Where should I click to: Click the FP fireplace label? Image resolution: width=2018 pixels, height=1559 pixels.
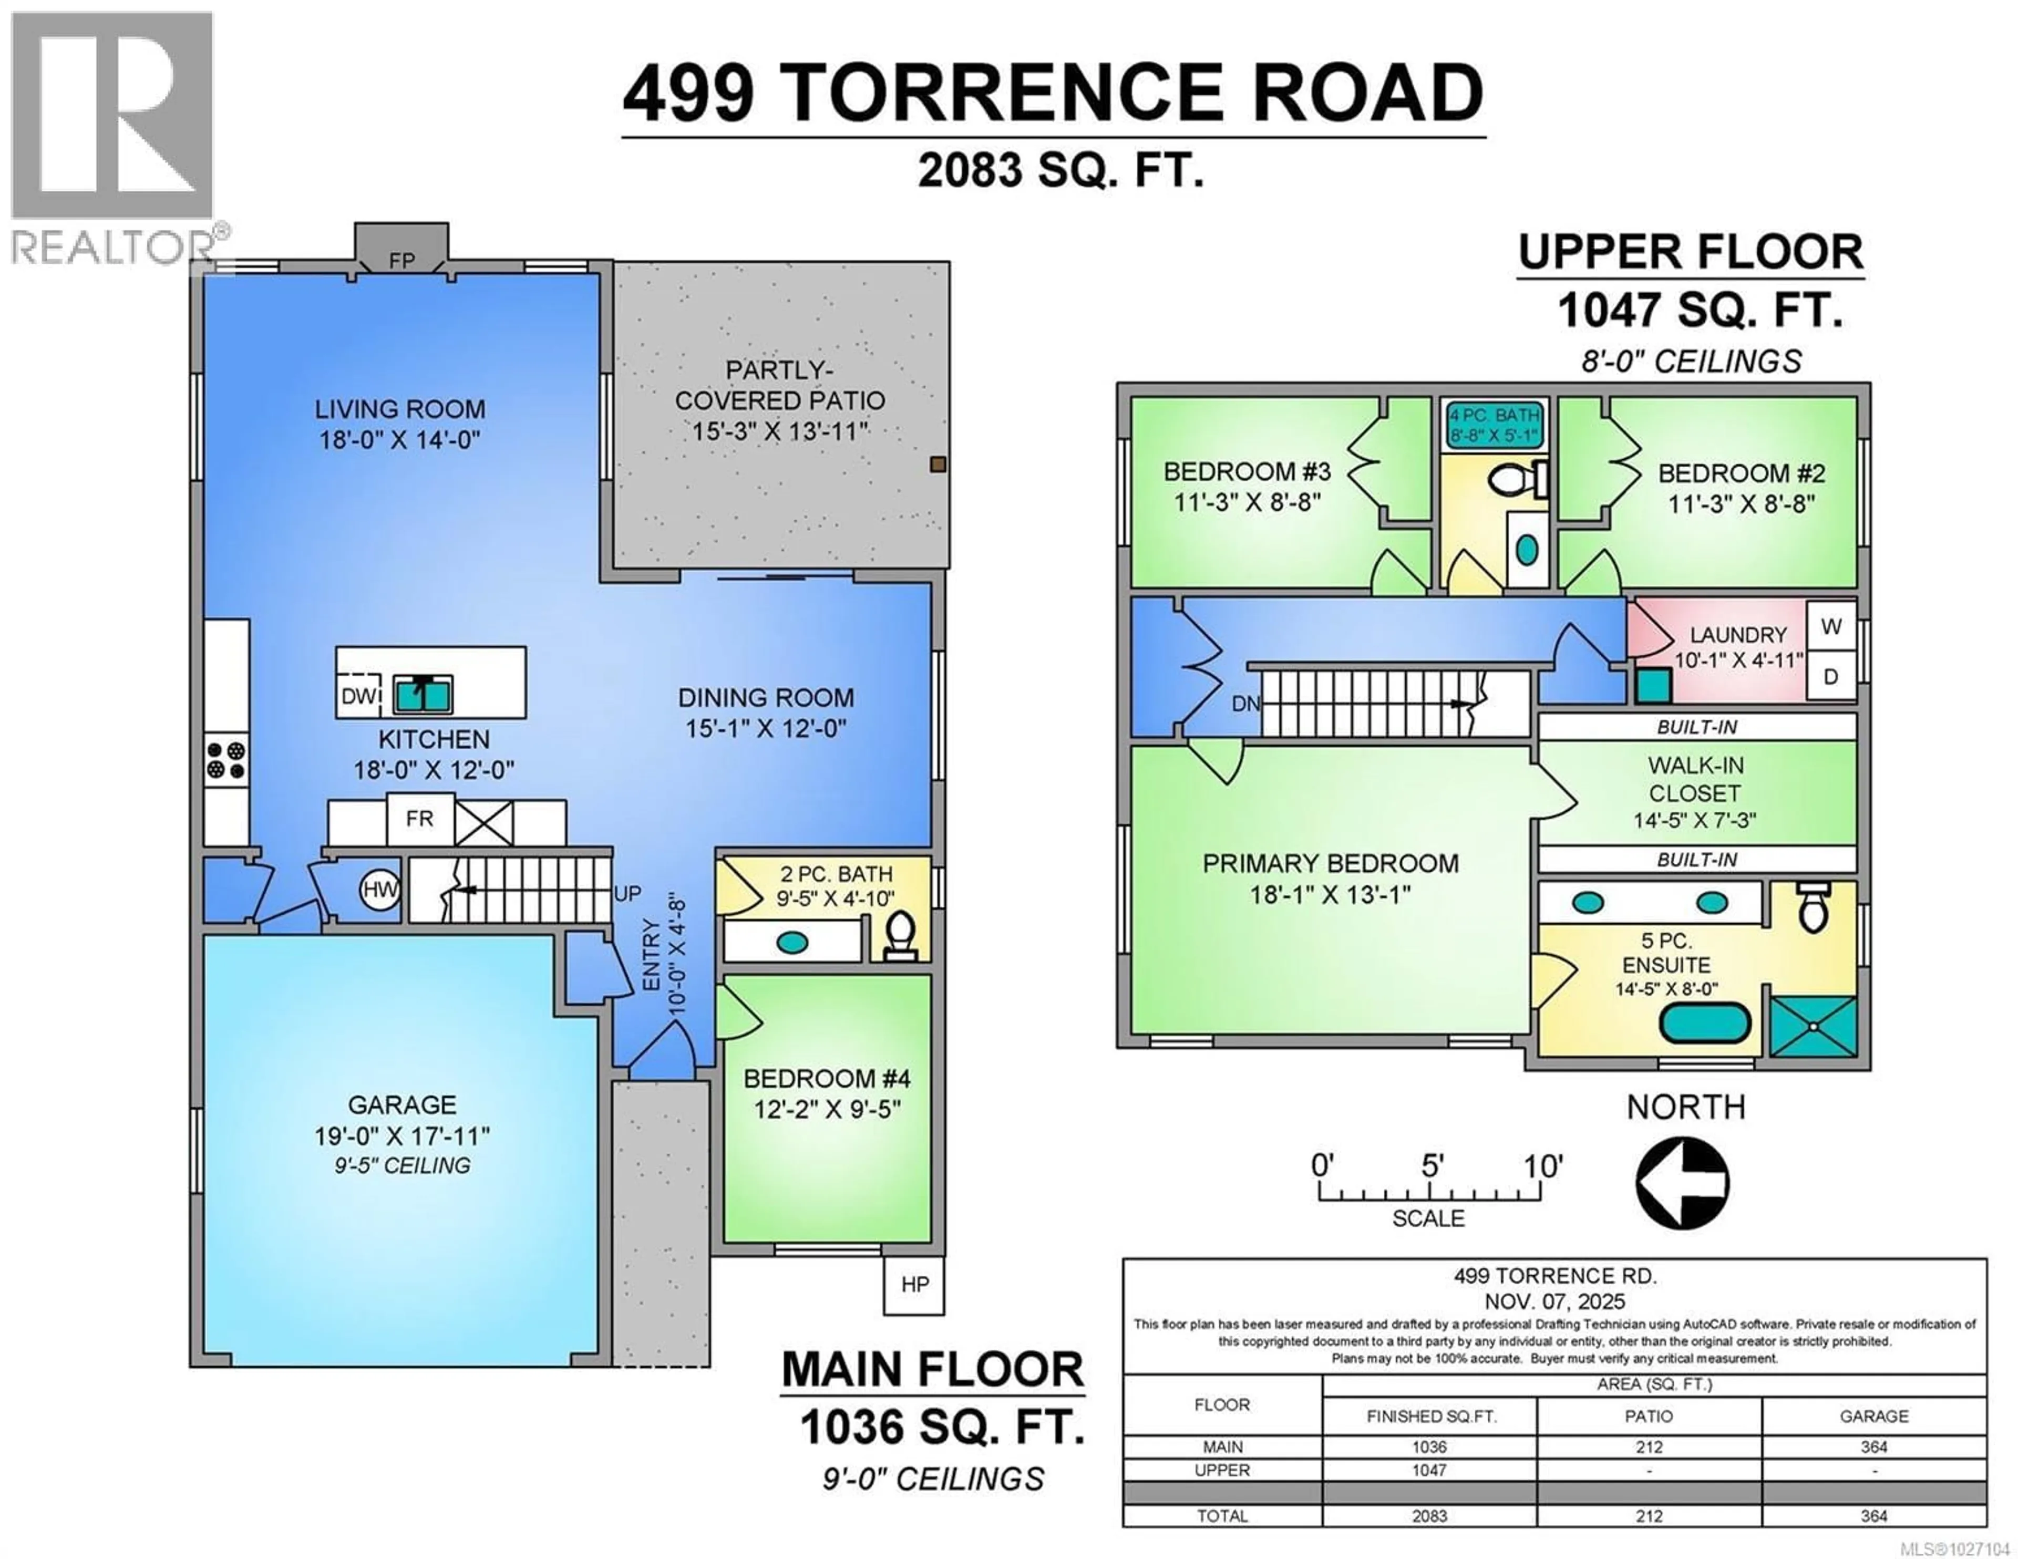coord(402,261)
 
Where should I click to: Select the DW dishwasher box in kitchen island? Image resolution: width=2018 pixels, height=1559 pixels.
coord(358,696)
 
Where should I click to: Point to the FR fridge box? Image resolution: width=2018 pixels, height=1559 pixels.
coord(419,819)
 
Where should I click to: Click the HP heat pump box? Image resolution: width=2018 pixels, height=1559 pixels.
coord(914,1285)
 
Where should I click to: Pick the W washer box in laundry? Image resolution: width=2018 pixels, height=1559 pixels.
coord(1830,626)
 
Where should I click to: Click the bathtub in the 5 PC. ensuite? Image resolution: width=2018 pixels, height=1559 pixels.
coord(1705,1024)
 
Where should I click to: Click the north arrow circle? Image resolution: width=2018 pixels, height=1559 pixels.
coord(1683,1183)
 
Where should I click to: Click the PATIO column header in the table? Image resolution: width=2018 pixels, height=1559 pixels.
coord(1649,1416)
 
